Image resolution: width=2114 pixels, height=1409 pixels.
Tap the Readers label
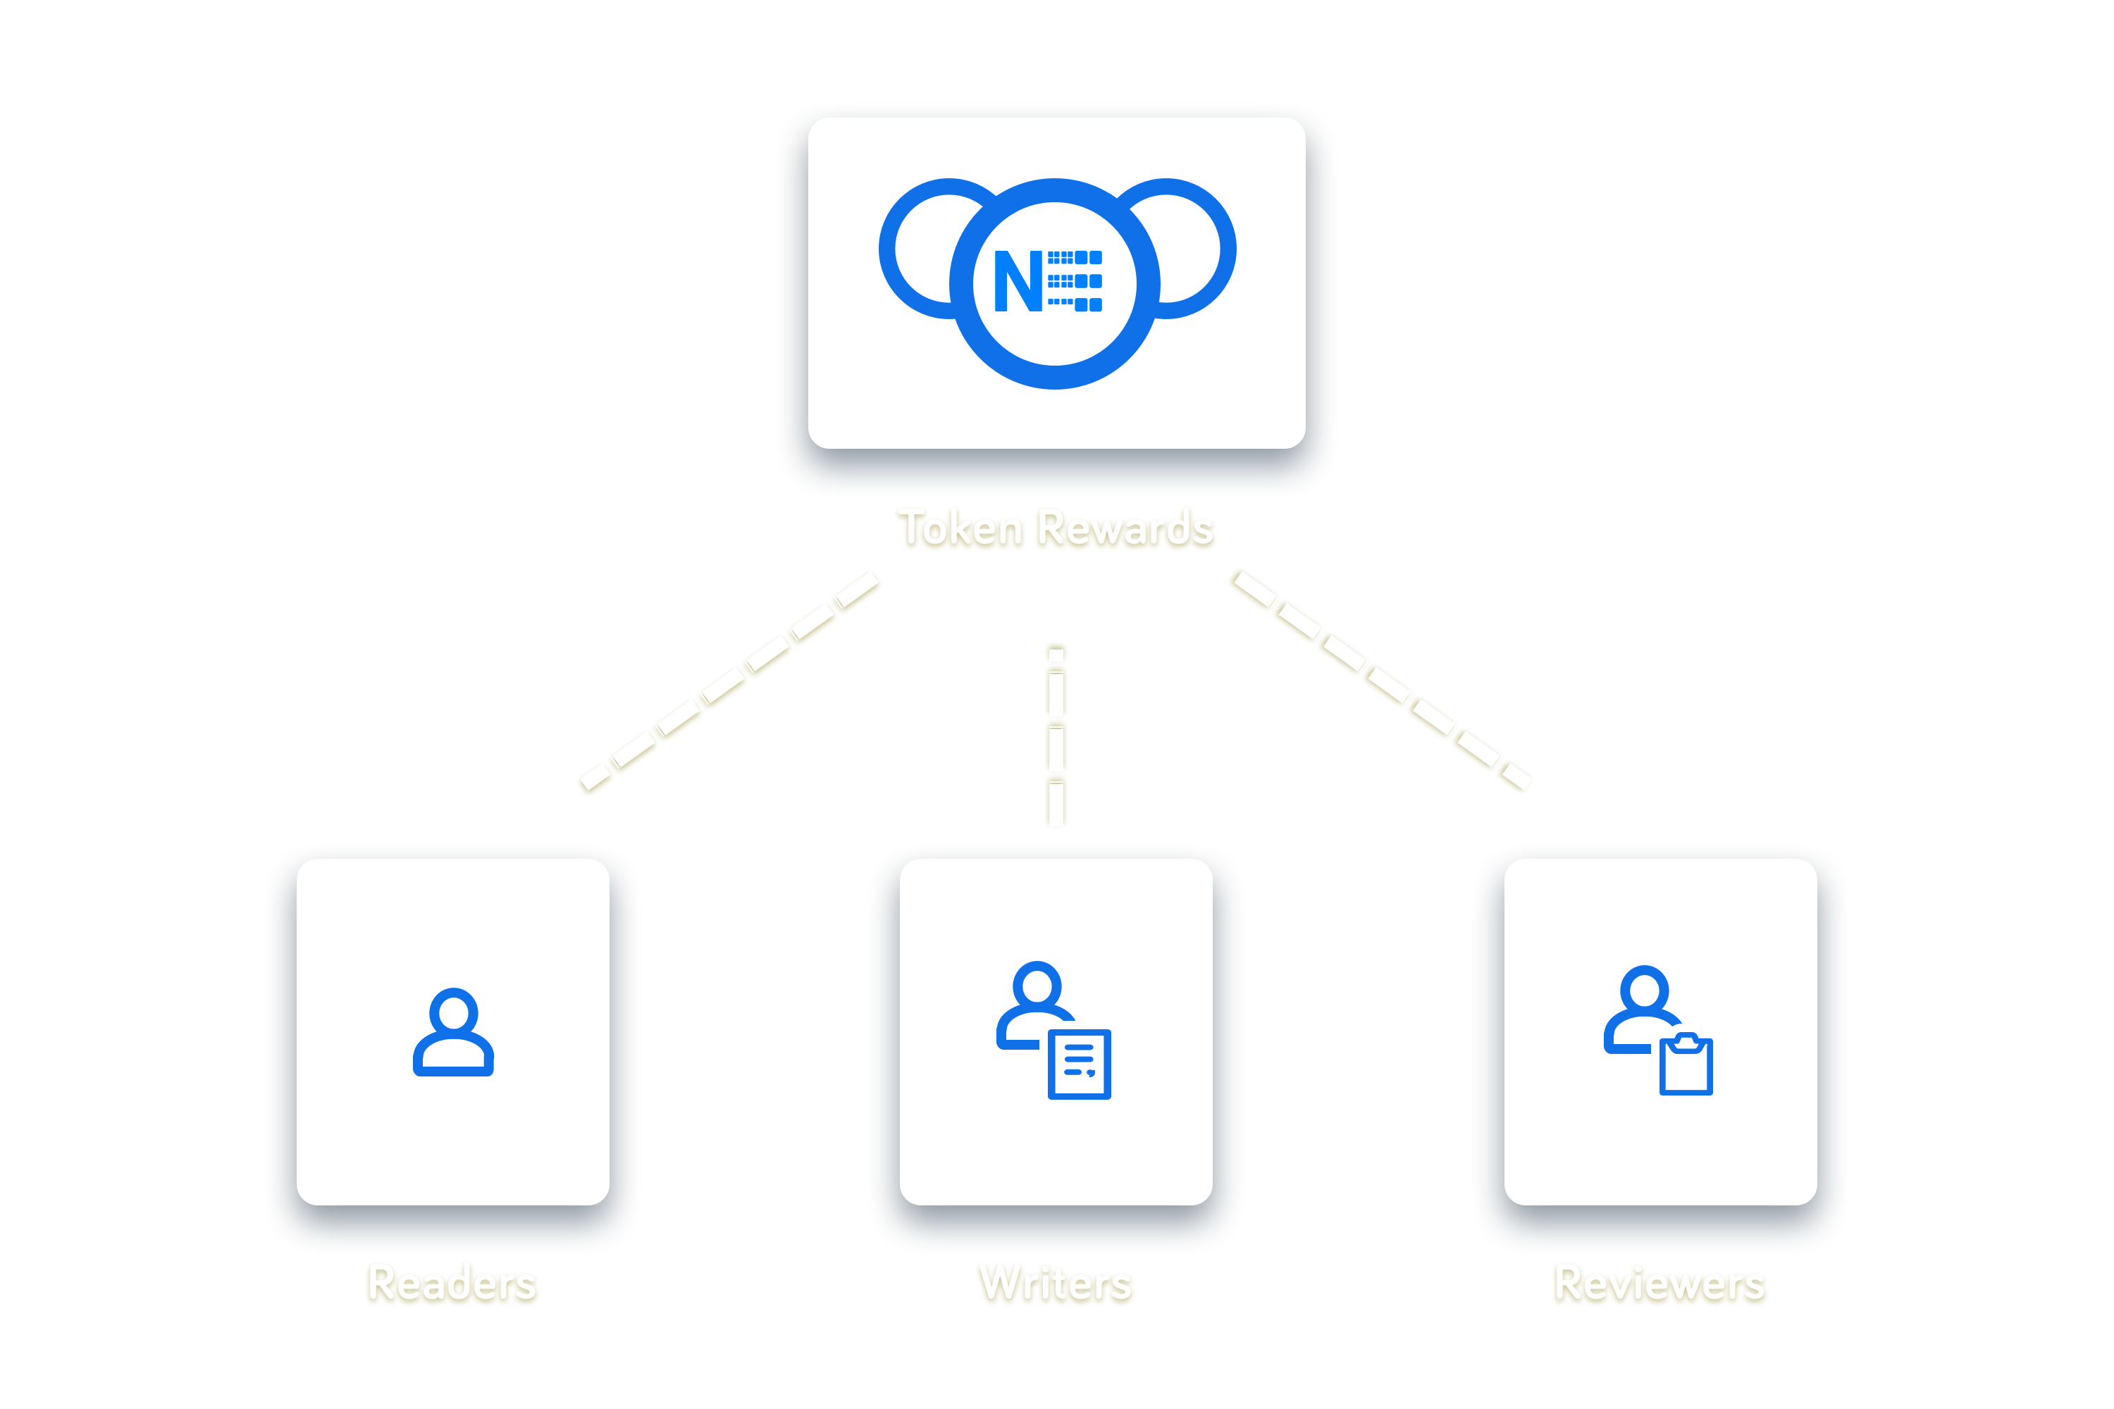click(x=452, y=1283)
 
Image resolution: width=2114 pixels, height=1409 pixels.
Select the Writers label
click(x=1056, y=1283)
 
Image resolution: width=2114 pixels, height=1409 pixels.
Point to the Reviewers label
click(x=1660, y=1283)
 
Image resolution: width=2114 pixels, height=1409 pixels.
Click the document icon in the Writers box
click(x=1080, y=1064)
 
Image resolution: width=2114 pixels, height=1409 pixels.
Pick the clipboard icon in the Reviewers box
click(x=1686, y=1067)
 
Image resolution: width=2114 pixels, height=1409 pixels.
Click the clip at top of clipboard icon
click(x=1686, y=1041)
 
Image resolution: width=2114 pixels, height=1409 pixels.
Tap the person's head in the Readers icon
click(x=453, y=1013)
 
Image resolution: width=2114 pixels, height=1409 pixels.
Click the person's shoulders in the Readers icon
click(x=453, y=1057)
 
